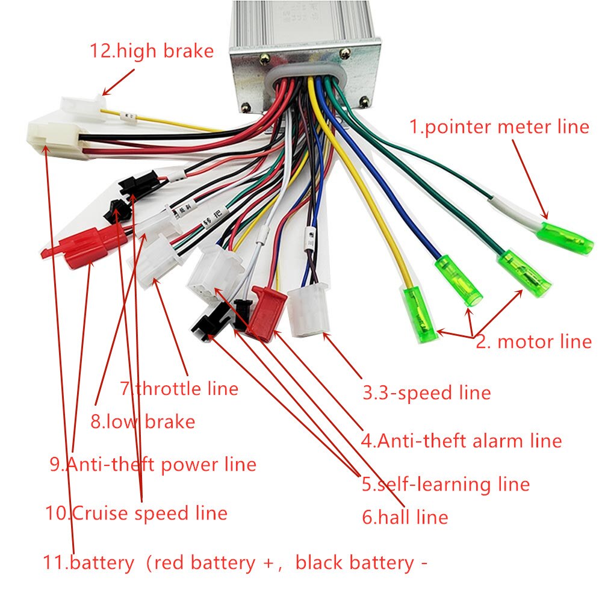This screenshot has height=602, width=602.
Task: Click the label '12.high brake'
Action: [151, 51]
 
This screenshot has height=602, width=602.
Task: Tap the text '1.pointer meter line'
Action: [499, 126]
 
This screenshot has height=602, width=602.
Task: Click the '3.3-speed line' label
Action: [426, 393]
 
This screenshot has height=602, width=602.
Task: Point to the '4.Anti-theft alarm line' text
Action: [461, 441]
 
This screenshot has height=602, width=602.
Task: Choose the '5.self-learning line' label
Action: [445, 485]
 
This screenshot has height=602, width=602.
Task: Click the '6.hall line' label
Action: [405, 517]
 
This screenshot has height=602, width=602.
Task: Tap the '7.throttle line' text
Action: [179, 389]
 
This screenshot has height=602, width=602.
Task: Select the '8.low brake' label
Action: [143, 421]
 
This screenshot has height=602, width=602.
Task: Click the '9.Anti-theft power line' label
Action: [153, 464]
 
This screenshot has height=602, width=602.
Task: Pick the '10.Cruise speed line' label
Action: [137, 513]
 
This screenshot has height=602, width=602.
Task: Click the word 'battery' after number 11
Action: [102, 563]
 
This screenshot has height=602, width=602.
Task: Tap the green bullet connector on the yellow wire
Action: [420, 315]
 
